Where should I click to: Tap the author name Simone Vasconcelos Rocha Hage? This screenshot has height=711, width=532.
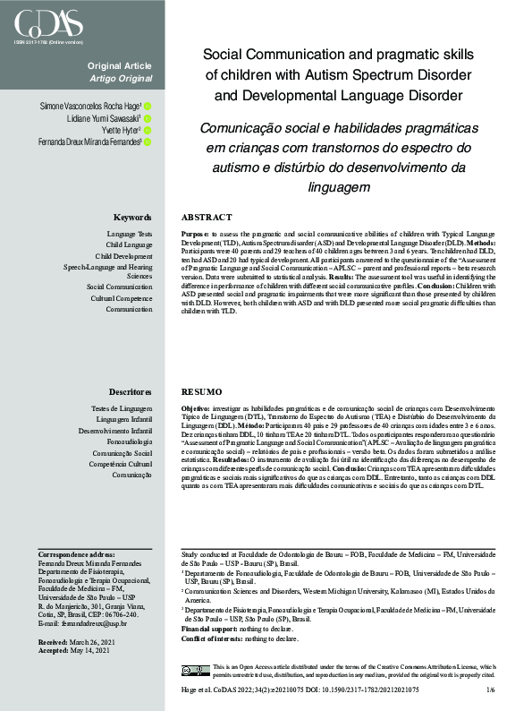90,107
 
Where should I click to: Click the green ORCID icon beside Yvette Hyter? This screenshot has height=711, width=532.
148,130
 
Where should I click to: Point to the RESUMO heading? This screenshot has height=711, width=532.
201,392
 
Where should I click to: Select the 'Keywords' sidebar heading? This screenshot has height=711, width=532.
132,218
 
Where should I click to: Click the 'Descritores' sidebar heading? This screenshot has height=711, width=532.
130,392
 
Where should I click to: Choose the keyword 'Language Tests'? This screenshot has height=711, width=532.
129,234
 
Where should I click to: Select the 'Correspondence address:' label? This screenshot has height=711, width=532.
77,555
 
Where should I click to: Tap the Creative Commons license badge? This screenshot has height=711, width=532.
195,670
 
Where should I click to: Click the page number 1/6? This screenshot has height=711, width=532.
490,690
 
